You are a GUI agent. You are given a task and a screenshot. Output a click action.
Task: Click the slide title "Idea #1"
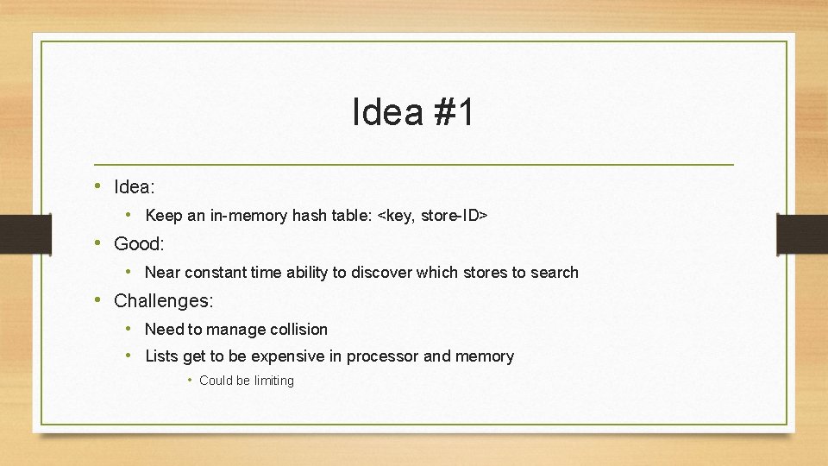tap(413, 113)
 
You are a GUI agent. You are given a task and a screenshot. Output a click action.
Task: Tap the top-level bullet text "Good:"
tap(139, 243)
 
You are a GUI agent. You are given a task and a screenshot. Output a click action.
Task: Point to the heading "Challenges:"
tap(163, 300)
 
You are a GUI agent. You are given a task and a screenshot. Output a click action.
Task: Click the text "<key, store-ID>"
tap(433, 215)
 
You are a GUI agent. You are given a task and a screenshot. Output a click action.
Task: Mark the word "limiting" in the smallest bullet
tap(273, 381)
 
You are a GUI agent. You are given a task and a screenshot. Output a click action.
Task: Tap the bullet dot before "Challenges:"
tap(99, 299)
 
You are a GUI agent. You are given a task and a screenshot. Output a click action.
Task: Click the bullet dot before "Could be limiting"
tap(190, 381)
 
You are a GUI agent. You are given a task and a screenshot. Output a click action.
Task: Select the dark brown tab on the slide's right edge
tap(802, 235)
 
